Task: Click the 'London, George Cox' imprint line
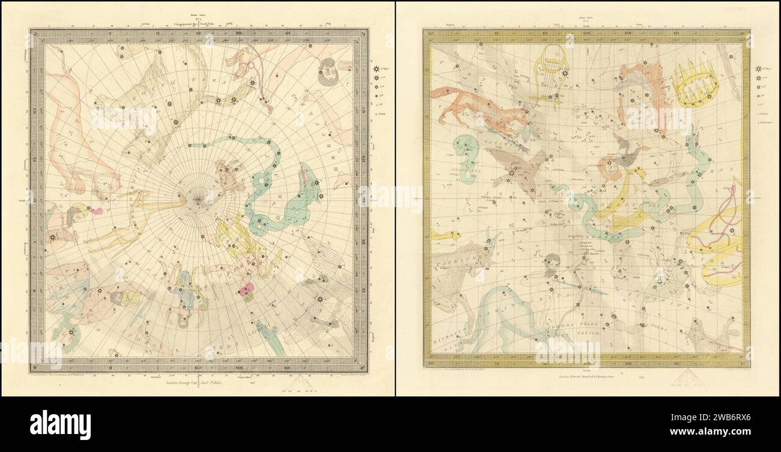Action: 195,382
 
